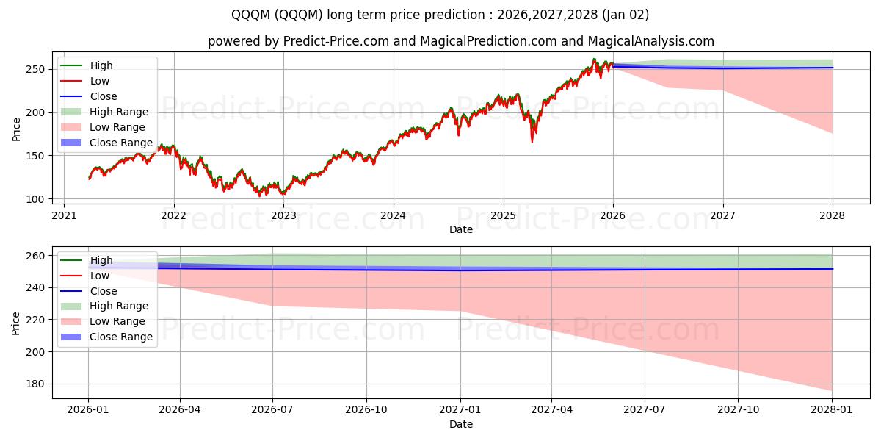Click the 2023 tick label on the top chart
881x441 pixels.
[283, 215]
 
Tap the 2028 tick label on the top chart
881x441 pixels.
[833, 215]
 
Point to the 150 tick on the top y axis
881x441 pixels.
[39, 156]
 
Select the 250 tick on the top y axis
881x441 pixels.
[39, 69]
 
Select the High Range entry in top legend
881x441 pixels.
[119, 112]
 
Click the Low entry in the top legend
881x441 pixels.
[99, 81]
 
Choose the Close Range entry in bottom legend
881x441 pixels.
[121, 337]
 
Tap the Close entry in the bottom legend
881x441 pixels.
[104, 291]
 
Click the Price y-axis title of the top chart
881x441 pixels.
[16, 129]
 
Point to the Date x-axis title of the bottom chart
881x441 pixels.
[460, 424]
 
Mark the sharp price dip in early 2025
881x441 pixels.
[532, 140]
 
